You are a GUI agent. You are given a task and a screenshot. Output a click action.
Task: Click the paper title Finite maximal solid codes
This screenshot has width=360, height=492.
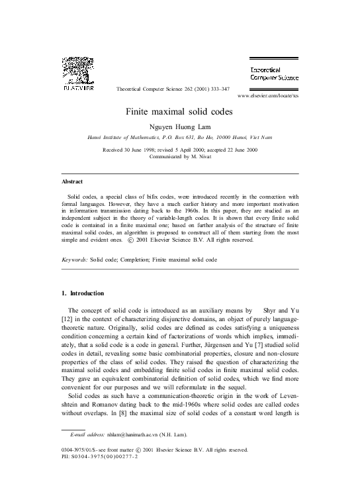point(180,113)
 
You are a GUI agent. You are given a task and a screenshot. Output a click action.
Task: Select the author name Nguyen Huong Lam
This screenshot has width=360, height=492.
point(180,128)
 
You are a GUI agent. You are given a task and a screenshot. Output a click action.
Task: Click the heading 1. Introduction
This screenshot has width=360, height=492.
point(91,293)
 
